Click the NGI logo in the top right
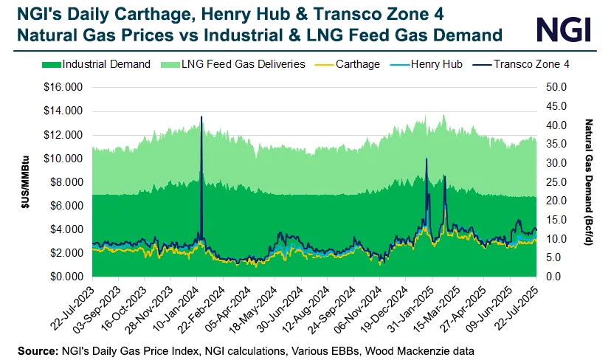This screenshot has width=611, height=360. point(564,29)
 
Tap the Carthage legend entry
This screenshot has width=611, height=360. point(356,64)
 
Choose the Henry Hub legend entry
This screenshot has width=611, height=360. point(436,64)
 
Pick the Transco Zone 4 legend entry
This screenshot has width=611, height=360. point(531,64)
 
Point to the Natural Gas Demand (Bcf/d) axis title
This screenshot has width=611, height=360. point(588,181)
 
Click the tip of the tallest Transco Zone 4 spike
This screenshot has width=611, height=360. point(201,117)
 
